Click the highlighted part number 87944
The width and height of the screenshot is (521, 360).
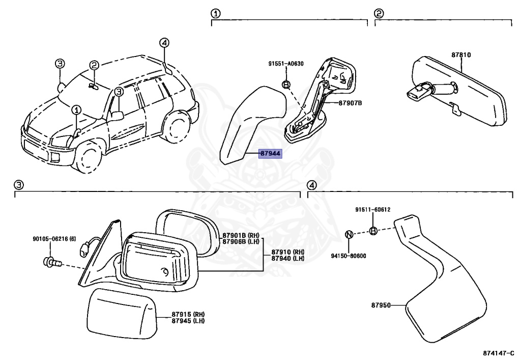pyautogui.click(x=270, y=153)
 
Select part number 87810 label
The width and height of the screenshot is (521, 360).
pyautogui.click(x=461, y=54)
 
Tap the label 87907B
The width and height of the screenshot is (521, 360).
pyautogui.click(x=350, y=103)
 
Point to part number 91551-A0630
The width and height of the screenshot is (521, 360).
pyautogui.click(x=286, y=64)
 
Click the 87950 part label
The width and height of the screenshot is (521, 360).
pyautogui.click(x=381, y=306)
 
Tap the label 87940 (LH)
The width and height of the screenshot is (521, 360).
pyautogui.click(x=287, y=258)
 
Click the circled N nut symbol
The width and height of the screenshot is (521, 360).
pyautogui.click(x=349, y=234)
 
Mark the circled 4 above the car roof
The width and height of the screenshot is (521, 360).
pyautogui.click(x=163, y=43)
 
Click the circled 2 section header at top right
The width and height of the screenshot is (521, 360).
pyautogui.click(x=379, y=14)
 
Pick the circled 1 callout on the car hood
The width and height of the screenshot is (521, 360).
pyautogui.click(x=76, y=109)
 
